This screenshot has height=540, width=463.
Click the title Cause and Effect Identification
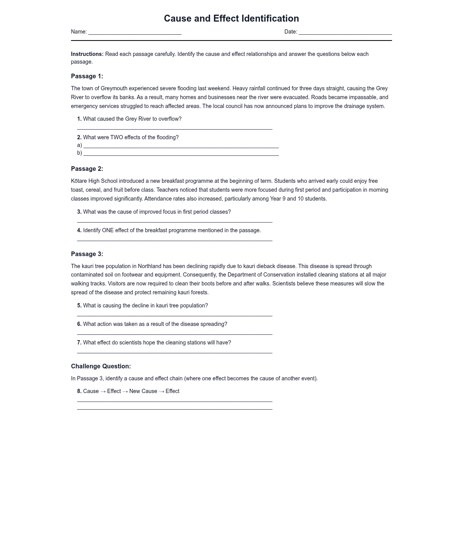pos(231,19)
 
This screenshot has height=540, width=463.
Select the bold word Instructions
pos(87,54)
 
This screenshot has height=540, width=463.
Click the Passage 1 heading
pos(87,76)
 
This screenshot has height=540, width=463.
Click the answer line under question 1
pos(174,128)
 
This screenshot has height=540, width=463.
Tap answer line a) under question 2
pos(181,147)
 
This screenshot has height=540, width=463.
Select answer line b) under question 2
pos(181,154)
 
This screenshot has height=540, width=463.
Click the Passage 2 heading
pos(87,169)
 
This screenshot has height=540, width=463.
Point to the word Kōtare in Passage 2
pos(79,181)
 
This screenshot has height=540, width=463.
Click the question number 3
pos(79,212)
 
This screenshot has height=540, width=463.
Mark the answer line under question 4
pos(174,240)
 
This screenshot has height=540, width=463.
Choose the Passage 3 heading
pos(87,254)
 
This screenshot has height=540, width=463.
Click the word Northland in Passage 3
pos(149,267)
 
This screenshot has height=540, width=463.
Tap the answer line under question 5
pos(174,315)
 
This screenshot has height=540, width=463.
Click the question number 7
pos(79,343)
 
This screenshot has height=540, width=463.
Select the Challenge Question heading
pos(101,366)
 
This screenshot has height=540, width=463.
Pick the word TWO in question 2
pos(116,138)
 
